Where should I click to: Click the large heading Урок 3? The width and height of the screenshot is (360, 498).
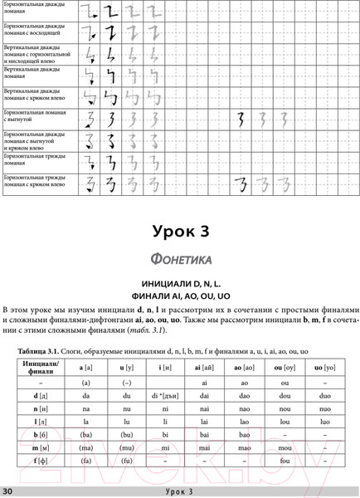point(180,228)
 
